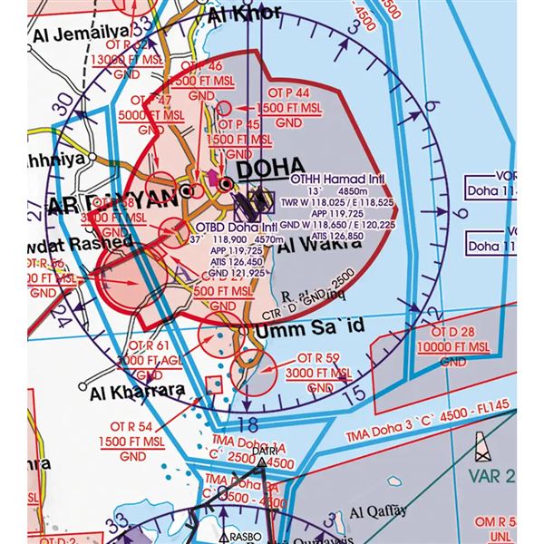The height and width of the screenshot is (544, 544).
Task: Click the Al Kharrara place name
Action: pos(136,393)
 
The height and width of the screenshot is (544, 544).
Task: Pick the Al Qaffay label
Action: pos(375,510)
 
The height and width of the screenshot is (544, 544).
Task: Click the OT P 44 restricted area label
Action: pos(290,93)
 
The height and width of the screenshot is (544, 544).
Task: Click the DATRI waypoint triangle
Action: pos(261,462)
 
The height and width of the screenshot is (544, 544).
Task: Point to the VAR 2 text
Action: pos(495,477)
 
